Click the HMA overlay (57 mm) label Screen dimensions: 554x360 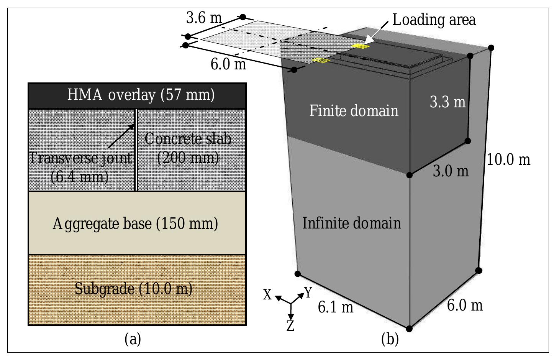(141, 95)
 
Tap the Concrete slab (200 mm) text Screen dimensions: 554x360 (188, 148)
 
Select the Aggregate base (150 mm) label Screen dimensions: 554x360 (135, 224)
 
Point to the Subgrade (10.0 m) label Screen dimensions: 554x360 (133, 289)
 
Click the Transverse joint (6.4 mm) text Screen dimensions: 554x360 (81, 168)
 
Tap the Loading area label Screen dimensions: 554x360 (434, 20)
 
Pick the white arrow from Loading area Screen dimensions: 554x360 (376, 33)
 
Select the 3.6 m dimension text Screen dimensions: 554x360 (204, 18)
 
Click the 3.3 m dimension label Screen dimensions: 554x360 (447, 102)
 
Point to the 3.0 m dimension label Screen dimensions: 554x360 (451, 171)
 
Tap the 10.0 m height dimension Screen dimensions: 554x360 (508, 159)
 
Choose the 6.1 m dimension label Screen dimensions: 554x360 (336, 307)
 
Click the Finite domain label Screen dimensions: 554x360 (354, 110)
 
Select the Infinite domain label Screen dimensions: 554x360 (352, 223)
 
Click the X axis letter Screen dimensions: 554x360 (267, 295)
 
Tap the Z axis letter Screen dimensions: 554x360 (290, 325)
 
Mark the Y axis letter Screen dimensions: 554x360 (308, 293)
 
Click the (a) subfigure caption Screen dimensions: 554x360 (133, 339)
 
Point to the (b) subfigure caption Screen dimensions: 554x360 (390, 339)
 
